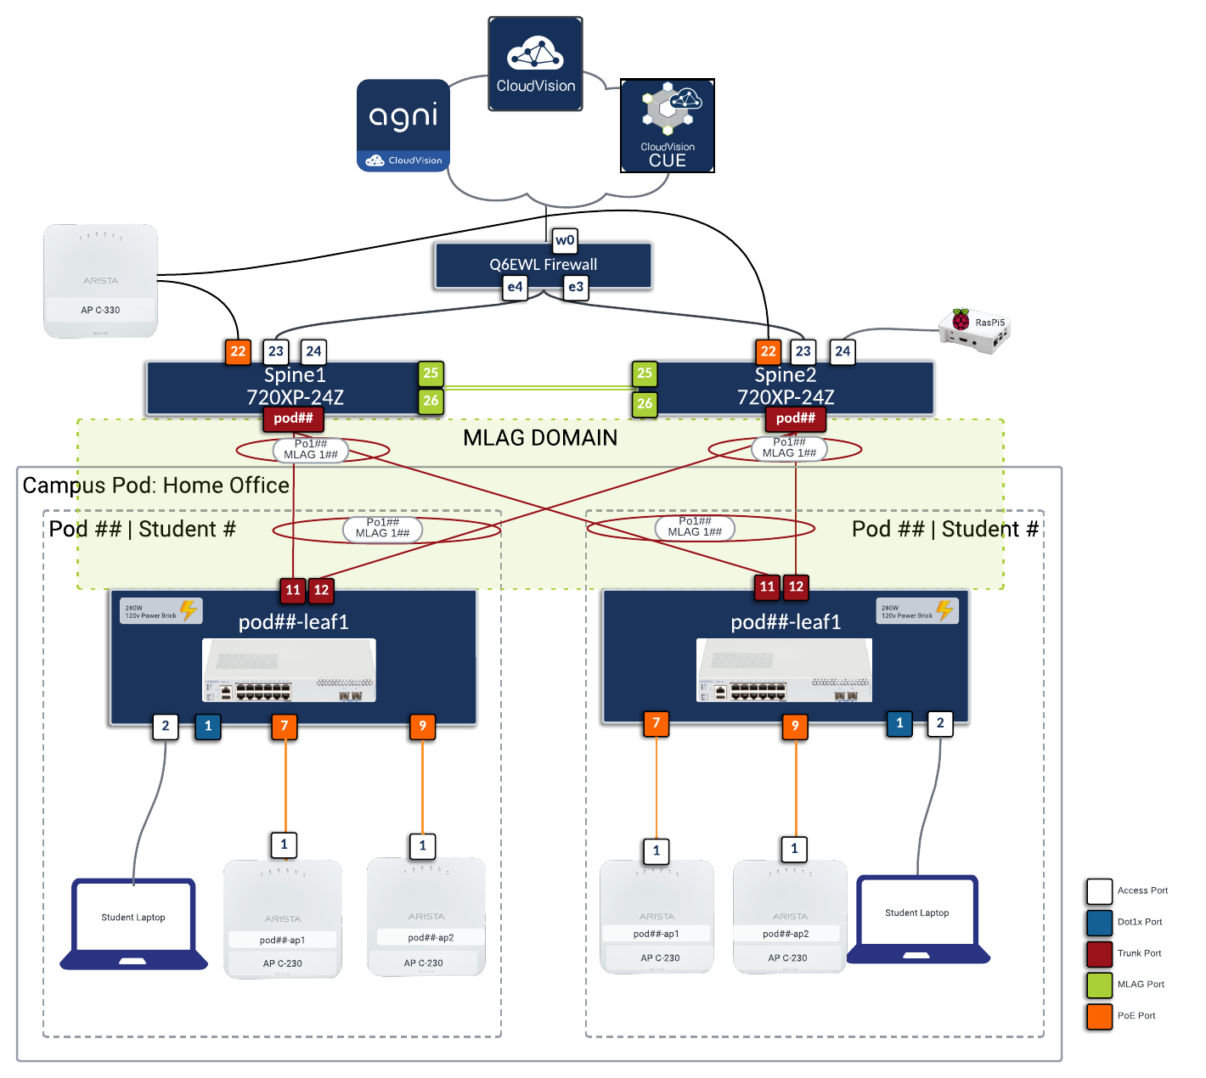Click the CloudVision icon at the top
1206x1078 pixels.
535,64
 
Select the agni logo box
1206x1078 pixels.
403,125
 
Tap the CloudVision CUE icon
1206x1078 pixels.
668,126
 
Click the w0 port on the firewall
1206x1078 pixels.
565,240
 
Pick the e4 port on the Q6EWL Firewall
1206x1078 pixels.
515,287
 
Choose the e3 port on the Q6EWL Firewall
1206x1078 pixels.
576,287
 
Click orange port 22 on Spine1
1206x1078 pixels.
238,351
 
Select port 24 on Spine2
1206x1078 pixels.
843,351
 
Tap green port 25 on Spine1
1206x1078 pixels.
431,373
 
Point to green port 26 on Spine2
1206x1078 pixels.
645,403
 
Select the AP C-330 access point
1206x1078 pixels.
100,281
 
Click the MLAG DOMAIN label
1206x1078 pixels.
540,438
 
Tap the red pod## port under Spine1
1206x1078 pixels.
293,418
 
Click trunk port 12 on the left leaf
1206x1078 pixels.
321,590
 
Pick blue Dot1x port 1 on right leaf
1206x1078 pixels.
899,723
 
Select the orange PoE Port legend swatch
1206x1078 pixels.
1099,1016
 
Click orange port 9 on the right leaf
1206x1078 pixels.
795,726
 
